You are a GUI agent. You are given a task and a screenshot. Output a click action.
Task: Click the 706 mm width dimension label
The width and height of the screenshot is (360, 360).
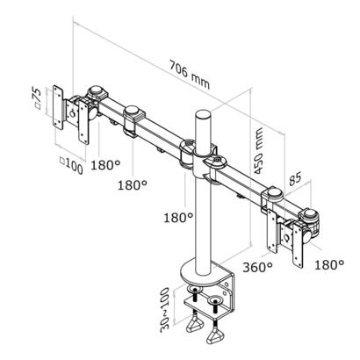(190, 75)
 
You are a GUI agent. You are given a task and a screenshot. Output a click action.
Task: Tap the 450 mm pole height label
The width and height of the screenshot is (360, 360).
(258, 151)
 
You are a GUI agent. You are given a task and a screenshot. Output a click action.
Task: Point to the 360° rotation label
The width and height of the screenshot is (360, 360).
(257, 267)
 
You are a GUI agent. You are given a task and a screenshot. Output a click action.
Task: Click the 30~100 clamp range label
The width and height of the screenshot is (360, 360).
(165, 310)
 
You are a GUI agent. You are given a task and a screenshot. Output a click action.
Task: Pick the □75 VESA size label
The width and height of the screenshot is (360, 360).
(37, 98)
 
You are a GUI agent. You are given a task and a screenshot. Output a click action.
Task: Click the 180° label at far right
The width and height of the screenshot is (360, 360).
(329, 265)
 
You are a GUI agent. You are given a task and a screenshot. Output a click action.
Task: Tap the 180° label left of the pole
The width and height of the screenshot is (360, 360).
(178, 218)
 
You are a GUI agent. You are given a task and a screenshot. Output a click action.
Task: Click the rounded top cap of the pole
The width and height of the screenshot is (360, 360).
(203, 114)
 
